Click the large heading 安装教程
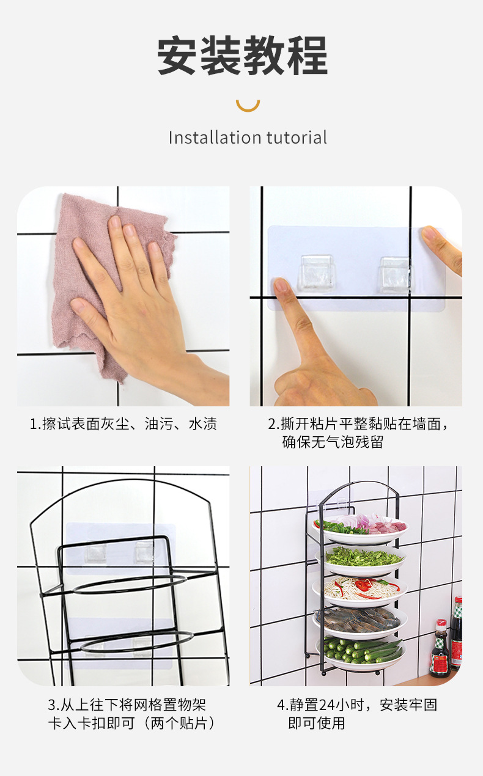pos(242,56)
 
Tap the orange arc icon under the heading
pos(248,104)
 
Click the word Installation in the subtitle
pos(207,137)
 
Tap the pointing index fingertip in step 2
pos(282,286)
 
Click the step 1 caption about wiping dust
pos(124,424)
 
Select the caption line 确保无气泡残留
pos(333,442)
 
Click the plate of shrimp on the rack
pos(359,620)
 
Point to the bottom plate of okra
pos(361,651)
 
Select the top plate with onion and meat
pos(361,527)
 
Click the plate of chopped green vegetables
pos(361,557)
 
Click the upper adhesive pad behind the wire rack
pos(120,547)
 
